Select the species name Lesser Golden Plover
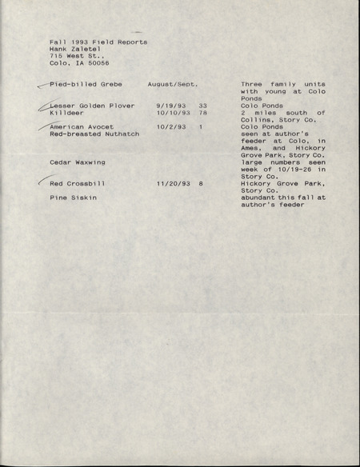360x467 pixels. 92,106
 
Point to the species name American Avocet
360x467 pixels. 82,127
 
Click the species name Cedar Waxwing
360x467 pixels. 77,162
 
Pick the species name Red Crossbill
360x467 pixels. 78,184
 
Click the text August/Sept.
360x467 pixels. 173,84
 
